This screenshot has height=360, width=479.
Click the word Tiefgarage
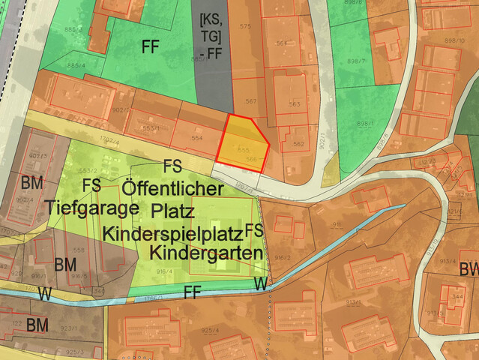point(83,205)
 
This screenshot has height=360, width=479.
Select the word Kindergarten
point(205,251)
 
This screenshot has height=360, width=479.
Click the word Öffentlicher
point(172,187)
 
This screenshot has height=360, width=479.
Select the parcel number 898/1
point(365,124)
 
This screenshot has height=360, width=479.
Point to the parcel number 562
point(298,143)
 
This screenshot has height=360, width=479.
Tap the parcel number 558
point(79,250)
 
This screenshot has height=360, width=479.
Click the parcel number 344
point(456,297)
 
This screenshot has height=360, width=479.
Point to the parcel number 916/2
point(282,256)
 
